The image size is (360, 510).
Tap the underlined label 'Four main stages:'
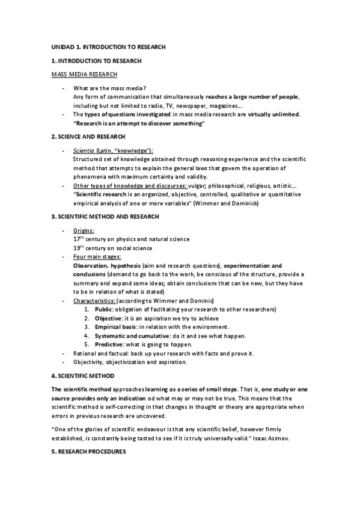(x=97, y=257)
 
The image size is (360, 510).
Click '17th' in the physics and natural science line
(x=79, y=238)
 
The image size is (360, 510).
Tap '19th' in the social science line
(x=79, y=247)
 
